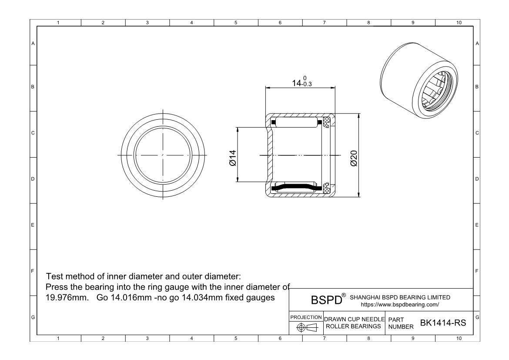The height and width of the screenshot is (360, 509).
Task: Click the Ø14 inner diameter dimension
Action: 232,158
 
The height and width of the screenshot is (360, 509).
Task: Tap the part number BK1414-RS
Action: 443,323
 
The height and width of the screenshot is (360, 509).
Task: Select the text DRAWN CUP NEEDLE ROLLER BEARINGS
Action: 353,323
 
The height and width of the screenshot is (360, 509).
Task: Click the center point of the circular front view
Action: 163,155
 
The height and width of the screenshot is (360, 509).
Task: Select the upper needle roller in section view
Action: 296,122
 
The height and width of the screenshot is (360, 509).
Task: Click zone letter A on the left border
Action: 33,43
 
